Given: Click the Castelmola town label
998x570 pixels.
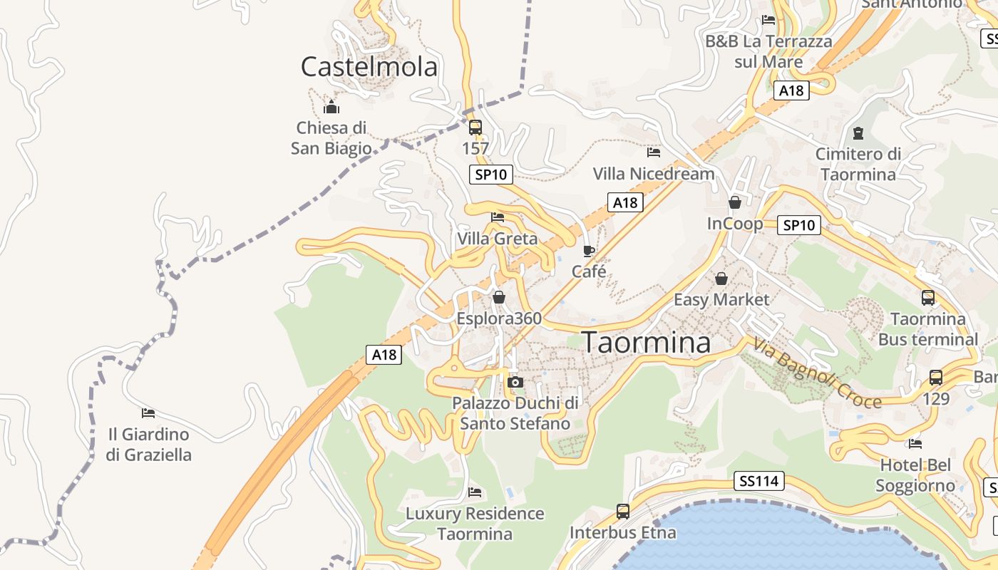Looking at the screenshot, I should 369,67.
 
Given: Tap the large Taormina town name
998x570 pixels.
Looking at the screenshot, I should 647,343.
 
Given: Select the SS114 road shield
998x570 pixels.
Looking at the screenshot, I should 758,481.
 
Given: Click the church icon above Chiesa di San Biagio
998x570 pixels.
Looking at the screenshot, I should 331,108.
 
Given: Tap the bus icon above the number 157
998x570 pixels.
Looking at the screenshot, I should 475,128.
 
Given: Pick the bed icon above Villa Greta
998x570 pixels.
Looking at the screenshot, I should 498,217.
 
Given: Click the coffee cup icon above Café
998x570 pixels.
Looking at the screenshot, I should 588,251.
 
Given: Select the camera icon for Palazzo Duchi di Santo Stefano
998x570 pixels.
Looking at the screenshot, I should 515,383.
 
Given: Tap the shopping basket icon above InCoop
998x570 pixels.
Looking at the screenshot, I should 735,203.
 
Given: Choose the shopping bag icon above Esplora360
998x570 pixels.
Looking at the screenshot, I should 499,297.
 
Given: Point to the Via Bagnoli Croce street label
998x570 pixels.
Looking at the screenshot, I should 817,373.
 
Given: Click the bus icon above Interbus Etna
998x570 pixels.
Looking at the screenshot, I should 622,511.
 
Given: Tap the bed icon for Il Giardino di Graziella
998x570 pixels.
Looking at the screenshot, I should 148,413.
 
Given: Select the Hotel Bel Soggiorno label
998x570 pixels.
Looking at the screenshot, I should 915,475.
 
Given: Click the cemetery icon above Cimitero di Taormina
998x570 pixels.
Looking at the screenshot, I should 858,133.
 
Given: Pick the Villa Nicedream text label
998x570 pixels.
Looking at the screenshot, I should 653,174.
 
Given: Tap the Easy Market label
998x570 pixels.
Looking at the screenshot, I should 721,299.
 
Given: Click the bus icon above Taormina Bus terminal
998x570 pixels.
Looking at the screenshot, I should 927,298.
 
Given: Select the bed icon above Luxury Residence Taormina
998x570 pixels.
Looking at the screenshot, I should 475,492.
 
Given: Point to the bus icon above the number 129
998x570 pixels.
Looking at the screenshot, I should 935,378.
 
